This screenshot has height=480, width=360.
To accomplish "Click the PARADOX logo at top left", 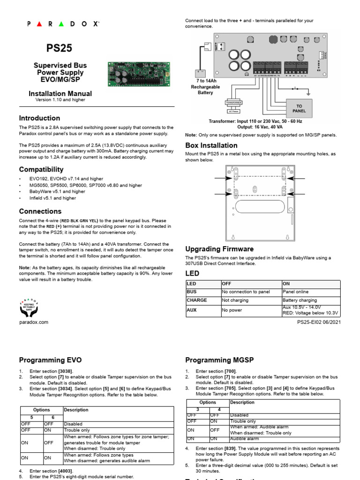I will point(62,23).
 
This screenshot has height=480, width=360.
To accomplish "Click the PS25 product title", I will point(60,48).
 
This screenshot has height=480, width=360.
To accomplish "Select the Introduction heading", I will point(39,118).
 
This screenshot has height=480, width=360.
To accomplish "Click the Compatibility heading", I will point(41,169).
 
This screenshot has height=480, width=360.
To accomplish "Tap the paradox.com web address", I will point(33,322).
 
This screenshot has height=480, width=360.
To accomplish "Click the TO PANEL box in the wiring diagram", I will point(300,108).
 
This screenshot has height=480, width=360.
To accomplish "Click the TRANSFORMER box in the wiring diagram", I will point(234,102).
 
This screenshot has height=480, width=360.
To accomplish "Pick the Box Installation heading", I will point(211,145).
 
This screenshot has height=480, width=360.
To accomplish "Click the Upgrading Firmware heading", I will point(219,249).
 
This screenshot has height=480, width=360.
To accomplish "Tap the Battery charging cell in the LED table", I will point(300,300).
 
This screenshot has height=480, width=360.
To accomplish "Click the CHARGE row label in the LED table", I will point(197,300).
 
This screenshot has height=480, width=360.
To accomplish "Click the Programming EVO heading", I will point(50,360).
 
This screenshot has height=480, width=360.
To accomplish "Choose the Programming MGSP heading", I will point(219,360).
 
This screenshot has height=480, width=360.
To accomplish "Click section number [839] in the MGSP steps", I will point(225,449).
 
